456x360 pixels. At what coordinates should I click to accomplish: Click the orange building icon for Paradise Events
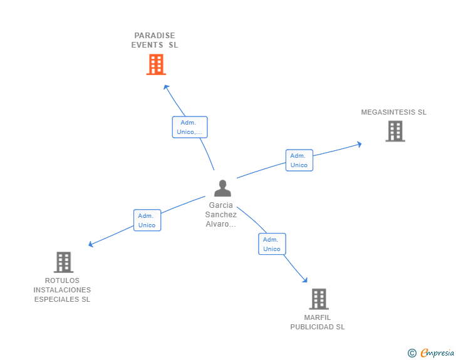(156, 64)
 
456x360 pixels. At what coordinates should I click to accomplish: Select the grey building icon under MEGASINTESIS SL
(395, 131)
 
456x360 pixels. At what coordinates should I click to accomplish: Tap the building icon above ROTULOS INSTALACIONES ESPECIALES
(64, 262)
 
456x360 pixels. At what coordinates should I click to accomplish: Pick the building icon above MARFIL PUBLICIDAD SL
(319, 299)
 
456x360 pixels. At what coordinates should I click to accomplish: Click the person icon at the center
(222, 188)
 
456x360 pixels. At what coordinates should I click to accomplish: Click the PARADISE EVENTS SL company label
(155, 40)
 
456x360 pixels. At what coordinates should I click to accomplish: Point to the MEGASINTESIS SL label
(394, 112)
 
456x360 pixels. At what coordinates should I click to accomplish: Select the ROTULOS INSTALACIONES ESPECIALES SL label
(62, 290)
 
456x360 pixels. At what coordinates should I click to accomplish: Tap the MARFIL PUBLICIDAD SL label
(318, 322)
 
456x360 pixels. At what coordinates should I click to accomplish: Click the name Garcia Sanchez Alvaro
(221, 215)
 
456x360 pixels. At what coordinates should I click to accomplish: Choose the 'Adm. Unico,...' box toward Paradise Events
(190, 127)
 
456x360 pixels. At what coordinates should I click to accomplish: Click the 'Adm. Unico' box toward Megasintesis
(299, 160)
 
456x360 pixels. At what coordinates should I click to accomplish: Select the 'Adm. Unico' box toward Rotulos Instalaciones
(147, 220)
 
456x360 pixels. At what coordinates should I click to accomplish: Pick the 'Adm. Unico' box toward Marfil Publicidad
(272, 244)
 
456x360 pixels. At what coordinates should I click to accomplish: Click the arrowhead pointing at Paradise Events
(166, 87)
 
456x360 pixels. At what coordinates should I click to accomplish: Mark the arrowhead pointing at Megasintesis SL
(359, 144)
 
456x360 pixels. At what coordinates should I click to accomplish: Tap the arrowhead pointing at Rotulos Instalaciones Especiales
(91, 244)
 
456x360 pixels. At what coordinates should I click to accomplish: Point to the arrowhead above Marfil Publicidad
(305, 280)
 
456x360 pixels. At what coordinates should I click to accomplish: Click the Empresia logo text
(437, 352)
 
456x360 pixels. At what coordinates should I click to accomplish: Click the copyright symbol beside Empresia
(412, 353)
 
